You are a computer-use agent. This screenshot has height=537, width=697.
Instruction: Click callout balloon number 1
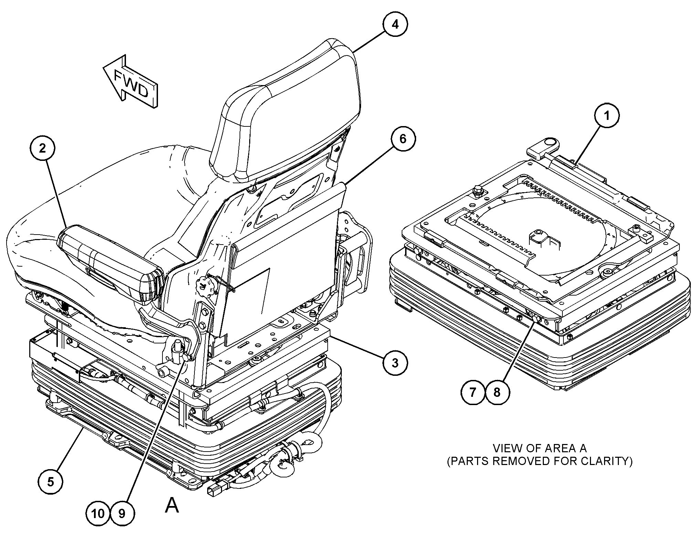click(x=607, y=116)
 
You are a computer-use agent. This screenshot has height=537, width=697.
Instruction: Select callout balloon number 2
click(x=42, y=148)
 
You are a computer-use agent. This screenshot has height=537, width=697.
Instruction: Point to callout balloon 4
click(x=395, y=24)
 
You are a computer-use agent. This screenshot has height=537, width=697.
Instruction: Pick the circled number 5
click(x=51, y=482)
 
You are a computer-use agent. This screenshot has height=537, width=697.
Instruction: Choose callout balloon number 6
click(x=403, y=139)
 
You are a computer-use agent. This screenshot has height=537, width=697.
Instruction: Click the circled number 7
click(x=473, y=392)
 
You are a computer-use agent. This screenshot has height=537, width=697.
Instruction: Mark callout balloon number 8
click(x=497, y=392)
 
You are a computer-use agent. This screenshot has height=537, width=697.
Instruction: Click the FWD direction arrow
click(x=131, y=83)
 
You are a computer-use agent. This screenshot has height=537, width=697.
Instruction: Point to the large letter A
click(x=172, y=506)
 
